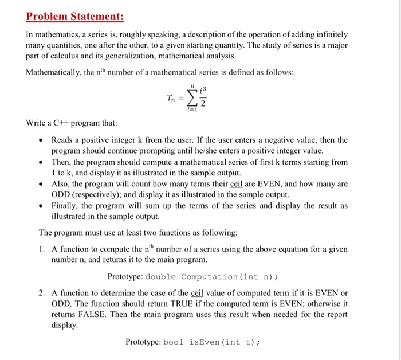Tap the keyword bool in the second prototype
click(173, 342)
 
